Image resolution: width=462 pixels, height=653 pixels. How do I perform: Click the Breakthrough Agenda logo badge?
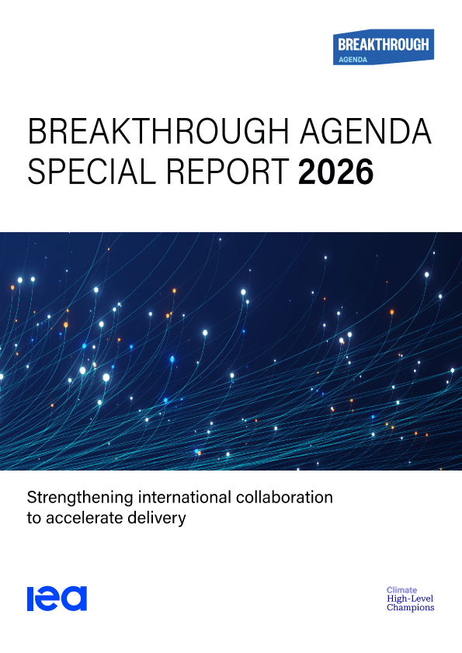[x=384, y=47]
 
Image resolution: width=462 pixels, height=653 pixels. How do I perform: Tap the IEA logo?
[x=57, y=598]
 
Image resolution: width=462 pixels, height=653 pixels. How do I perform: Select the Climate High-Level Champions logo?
[x=410, y=599]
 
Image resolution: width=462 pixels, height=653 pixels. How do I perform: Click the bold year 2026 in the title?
[x=335, y=172]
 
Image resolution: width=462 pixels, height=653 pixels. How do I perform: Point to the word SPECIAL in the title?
[x=92, y=172]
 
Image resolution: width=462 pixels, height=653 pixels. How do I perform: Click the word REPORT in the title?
[x=228, y=172]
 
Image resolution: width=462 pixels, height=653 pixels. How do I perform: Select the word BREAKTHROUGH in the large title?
[x=158, y=131]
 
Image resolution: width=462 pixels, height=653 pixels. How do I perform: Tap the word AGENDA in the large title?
[x=366, y=131]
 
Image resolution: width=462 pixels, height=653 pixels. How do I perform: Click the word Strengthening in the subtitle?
[x=81, y=498]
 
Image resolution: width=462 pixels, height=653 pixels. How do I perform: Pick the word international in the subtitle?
[x=185, y=497]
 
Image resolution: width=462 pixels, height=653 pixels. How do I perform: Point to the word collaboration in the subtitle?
[x=284, y=497]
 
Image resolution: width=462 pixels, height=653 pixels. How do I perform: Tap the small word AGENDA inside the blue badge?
[x=353, y=60]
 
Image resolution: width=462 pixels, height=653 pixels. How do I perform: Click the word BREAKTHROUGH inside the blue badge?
[x=384, y=44]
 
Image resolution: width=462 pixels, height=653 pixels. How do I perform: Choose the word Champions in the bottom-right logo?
[x=410, y=608]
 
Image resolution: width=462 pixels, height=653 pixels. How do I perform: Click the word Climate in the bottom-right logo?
[x=401, y=589]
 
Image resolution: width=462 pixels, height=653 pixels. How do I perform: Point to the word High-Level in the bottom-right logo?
[x=410, y=599]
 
